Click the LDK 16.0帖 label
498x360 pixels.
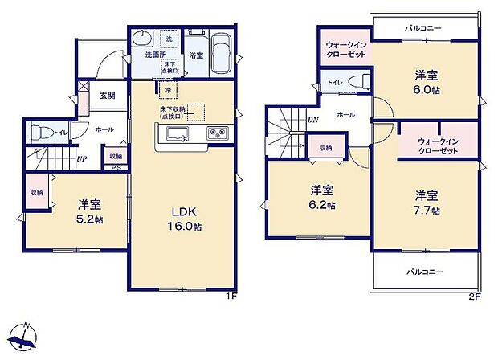(184, 219)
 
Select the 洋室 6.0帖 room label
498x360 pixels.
(427, 83)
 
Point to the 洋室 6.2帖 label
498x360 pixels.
(323, 198)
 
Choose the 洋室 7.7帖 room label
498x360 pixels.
(427, 202)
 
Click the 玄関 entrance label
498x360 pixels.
(107, 95)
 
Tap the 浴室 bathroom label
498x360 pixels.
(195, 55)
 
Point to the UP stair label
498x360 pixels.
(82, 158)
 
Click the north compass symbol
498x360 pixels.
(27, 337)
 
